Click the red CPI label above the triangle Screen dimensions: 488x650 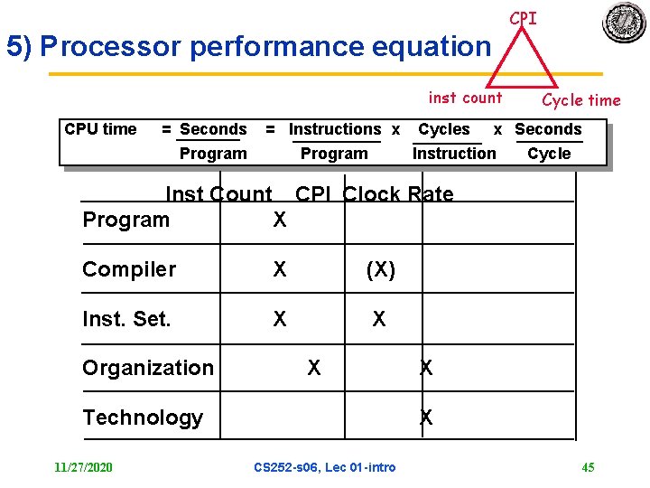pos(523,18)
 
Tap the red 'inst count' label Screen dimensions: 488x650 pos(465,98)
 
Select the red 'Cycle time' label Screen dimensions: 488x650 pos(580,100)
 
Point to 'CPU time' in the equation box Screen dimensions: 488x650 pos(100,129)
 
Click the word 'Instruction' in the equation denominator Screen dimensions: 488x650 pos(454,154)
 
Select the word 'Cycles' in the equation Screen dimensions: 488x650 pos(444,129)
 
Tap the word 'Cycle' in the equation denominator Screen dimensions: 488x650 pos(549,154)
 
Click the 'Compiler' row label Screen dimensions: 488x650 pos(129,269)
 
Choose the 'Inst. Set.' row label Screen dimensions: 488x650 pos(126,319)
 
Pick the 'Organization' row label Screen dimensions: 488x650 pos(148,368)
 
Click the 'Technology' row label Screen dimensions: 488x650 pos(143,418)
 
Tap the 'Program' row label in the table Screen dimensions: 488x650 pos(125,220)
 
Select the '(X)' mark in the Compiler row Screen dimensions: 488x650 pos(380,269)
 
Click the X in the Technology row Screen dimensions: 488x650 pos(426,418)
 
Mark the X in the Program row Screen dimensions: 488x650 pos(280,220)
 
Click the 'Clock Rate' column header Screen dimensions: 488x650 pos(398,194)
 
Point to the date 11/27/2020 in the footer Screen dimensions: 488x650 pos(83,467)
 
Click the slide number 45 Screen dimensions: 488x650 pos(588,467)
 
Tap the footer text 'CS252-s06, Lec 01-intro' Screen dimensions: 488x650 pos(325,467)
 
